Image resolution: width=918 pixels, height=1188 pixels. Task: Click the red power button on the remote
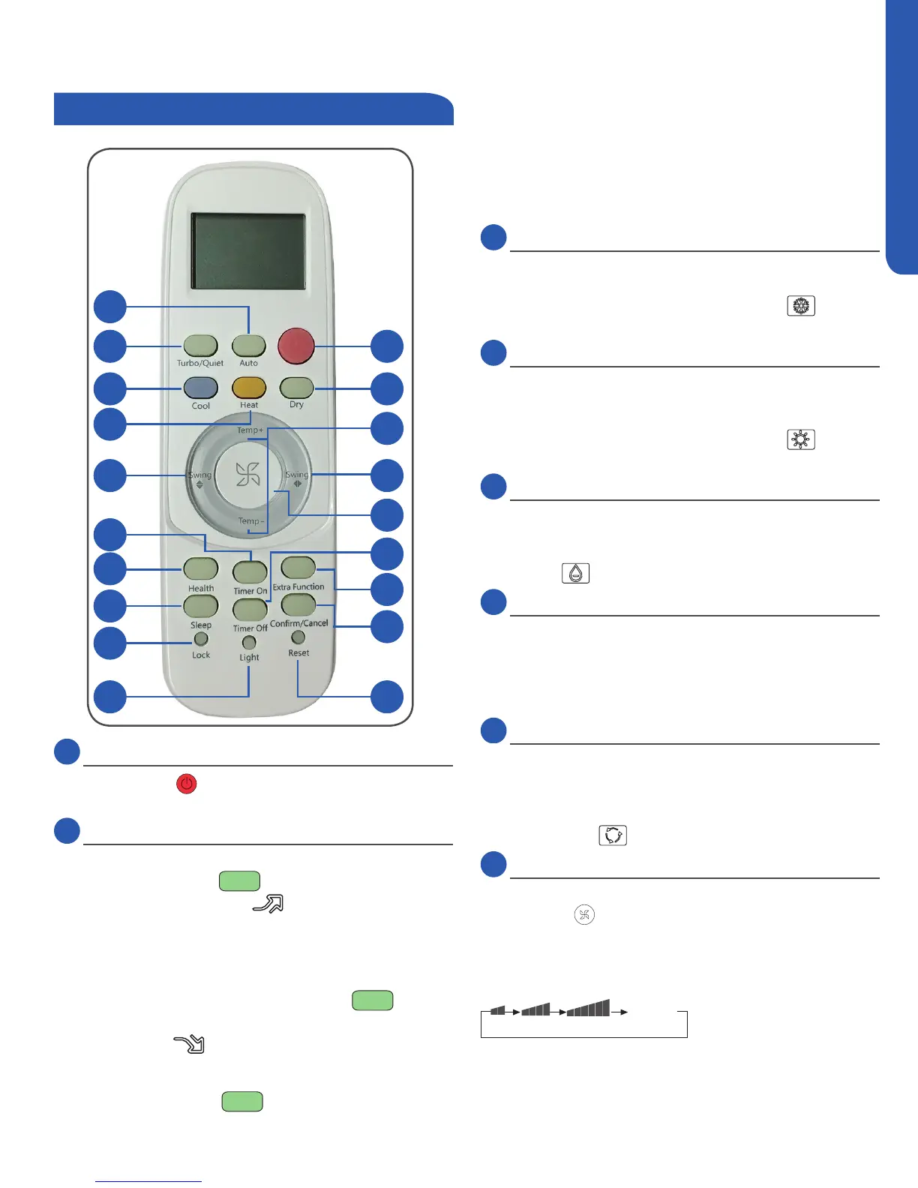295,346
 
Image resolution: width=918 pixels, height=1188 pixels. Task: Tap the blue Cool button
201,388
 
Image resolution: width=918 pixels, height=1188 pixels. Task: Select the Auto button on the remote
249,346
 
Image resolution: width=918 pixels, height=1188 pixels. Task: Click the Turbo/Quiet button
201,346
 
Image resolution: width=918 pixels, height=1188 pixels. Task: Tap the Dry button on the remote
296,388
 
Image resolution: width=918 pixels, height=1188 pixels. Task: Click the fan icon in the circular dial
248,475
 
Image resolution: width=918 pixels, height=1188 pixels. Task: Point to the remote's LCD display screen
248,251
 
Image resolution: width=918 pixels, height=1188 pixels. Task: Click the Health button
201,568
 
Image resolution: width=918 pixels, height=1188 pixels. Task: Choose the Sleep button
201,606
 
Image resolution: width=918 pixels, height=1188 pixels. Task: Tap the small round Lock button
201,640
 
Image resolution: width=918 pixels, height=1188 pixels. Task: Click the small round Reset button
298,637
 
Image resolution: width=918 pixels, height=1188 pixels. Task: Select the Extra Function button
298,568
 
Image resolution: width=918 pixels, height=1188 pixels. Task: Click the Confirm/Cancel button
298,604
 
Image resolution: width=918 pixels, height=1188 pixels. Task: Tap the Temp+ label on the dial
250,430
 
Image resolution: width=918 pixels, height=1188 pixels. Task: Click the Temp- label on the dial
250,521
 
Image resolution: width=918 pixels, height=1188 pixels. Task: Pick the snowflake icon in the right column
801,306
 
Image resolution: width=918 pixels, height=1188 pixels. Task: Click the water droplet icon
575,574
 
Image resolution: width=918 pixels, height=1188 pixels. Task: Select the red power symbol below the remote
186,784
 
